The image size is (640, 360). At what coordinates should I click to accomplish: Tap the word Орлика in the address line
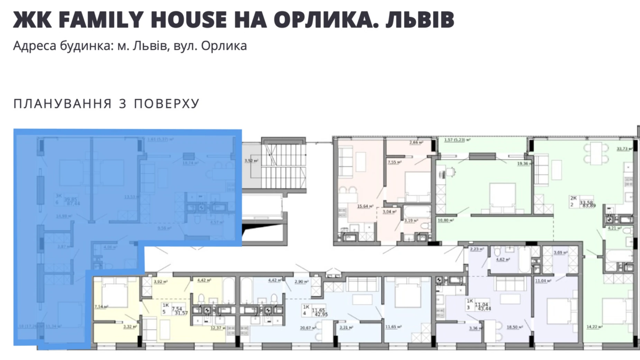(x=224, y=46)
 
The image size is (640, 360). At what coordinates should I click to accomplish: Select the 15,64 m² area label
(x=365, y=206)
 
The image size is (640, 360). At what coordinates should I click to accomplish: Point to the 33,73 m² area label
(x=624, y=149)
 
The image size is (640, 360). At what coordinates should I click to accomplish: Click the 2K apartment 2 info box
(x=583, y=201)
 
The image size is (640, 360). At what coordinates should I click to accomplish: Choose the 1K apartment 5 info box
(x=175, y=309)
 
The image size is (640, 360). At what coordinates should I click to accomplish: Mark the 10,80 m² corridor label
(x=446, y=220)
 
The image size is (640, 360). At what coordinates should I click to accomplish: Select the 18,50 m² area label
(x=514, y=327)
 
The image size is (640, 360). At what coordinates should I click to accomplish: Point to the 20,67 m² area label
(x=308, y=328)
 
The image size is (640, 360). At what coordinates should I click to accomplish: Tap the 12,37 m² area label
(x=218, y=328)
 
